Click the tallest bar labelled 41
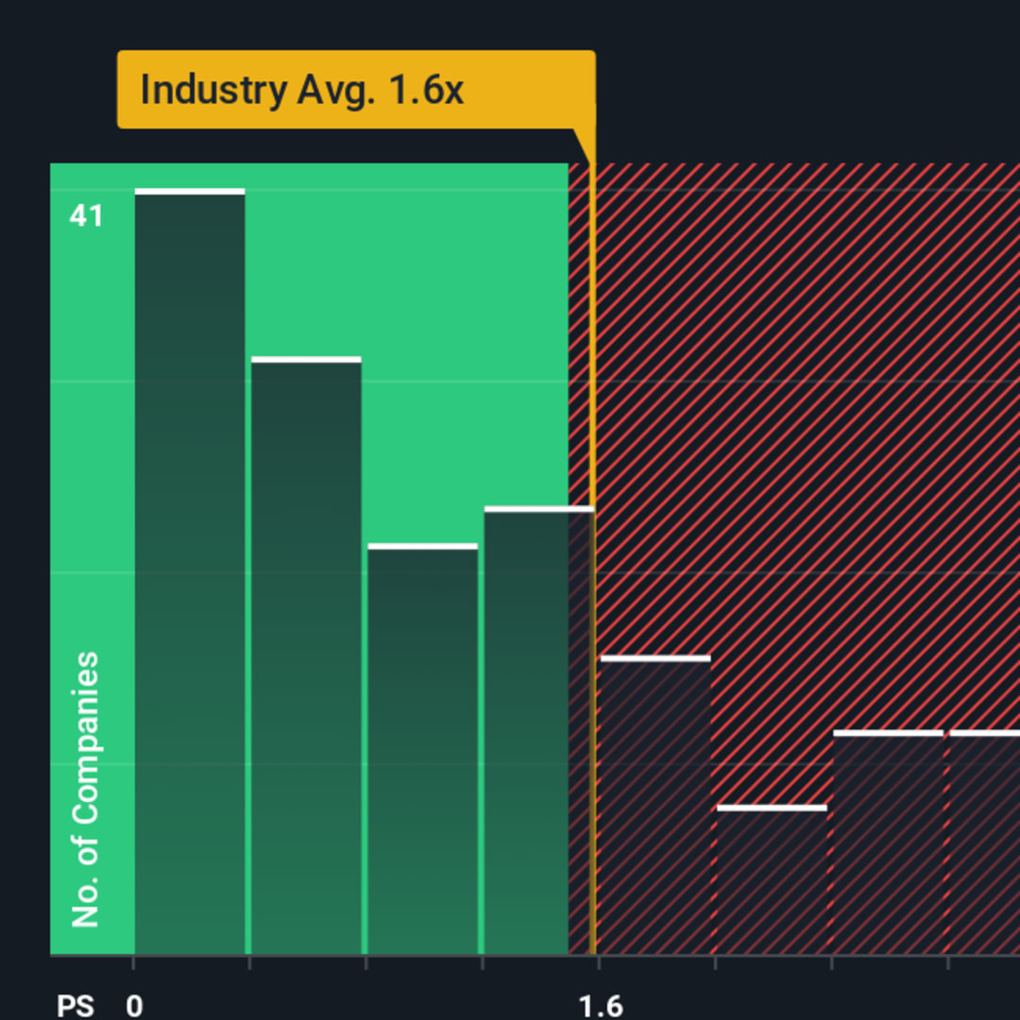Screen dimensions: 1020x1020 pyautogui.click(x=190, y=567)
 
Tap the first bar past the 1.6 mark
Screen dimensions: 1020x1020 pyautogui.click(x=654, y=803)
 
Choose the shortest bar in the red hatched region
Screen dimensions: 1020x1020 pyautogui.click(x=772, y=878)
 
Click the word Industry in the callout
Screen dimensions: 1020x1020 pyautogui.click(x=213, y=90)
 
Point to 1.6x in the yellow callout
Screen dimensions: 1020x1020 pyautogui.click(x=428, y=90)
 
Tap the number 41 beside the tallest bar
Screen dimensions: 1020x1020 pyautogui.click(x=86, y=216)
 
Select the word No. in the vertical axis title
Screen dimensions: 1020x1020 pyautogui.click(x=86, y=906)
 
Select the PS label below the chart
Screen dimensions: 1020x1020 pyautogui.click(x=76, y=1006)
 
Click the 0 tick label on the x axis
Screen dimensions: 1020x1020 pyautogui.click(x=134, y=1006)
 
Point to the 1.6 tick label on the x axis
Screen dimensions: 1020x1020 pyautogui.click(x=601, y=1006)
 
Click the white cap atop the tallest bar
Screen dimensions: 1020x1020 pyautogui.click(x=190, y=192)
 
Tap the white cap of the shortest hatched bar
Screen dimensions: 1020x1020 pyautogui.click(x=772, y=807)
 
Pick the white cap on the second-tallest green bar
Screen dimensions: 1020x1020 pyautogui.click(x=306, y=360)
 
